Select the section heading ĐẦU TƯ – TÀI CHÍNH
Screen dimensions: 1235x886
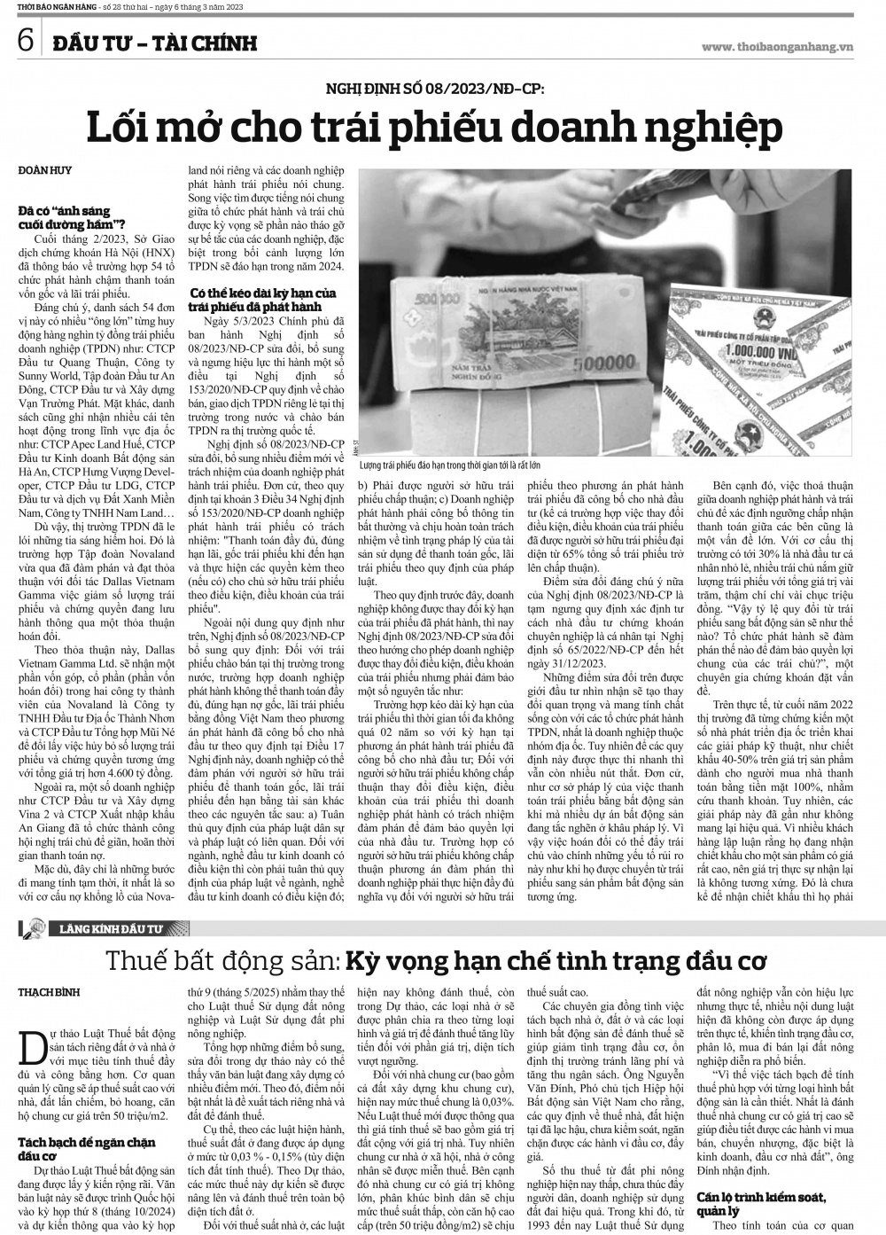pyautogui.click(x=153, y=43)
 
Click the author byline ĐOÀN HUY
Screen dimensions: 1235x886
pyautogui.click(x=44, y=169)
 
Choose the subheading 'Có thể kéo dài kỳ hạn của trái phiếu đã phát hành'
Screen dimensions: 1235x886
pyautogui.click(x=263, y=299)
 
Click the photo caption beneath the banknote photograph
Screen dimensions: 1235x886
pyautogui.click(x=450, y=465)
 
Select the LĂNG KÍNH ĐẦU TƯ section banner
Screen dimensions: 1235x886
pyautogui.click(x=112, y=929)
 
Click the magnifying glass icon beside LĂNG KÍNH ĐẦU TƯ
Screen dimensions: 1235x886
pyautogui.click(x=32, y=929)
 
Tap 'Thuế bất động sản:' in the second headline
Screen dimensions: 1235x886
pyautogui.click(x=221, y=961)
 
